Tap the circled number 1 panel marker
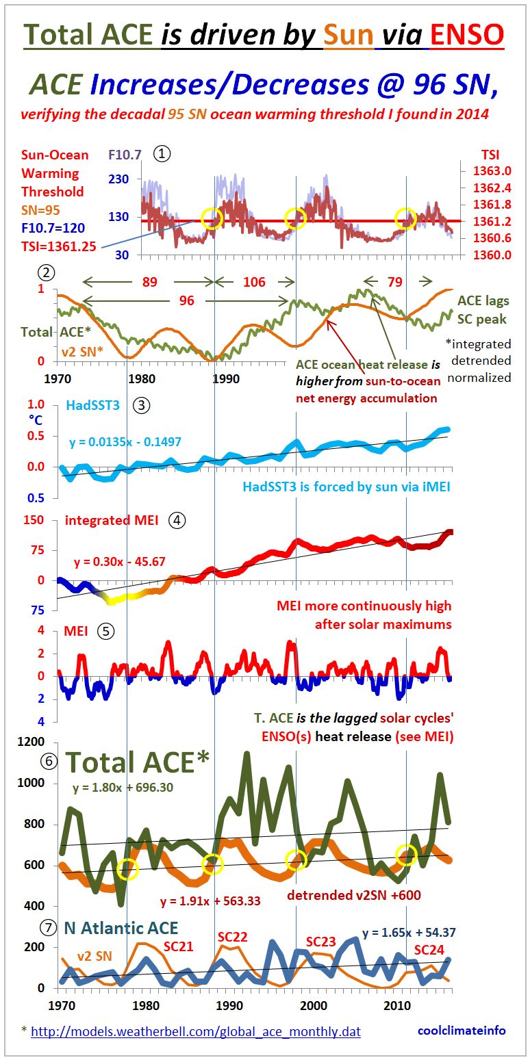click(x=162, y=154)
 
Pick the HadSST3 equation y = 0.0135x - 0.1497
click(x=125, y=442)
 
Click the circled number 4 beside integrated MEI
click(x=177, y=520)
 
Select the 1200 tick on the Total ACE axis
click(x=34, y=742)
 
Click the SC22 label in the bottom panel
click(x=233, y=937)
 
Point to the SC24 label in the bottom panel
click(x=429, y=950)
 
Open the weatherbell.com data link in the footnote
click(x=196, y=1031)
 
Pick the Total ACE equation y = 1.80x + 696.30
click(x=123, y=788)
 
